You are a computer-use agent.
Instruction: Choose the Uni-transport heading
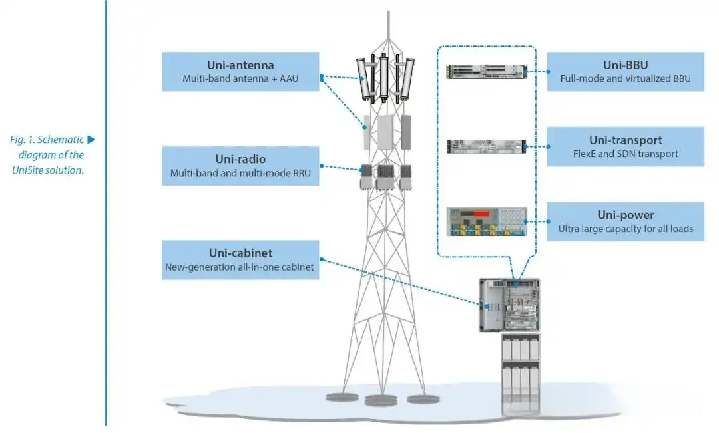click(625, 140)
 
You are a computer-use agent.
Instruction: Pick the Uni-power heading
click(625, 216)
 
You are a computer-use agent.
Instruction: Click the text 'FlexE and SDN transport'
click(625, 154)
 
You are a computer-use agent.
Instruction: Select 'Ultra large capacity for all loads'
click(625, 229)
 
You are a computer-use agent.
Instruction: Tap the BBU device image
click(486, 71)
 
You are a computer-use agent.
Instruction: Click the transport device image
click(486, 146)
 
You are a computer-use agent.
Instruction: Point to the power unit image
click(486, 221)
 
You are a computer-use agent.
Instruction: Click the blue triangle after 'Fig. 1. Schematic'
click(92, 140)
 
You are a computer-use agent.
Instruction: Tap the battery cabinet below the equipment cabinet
click(520, 372)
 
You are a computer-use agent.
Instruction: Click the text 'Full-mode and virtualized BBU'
click(625, 78)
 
